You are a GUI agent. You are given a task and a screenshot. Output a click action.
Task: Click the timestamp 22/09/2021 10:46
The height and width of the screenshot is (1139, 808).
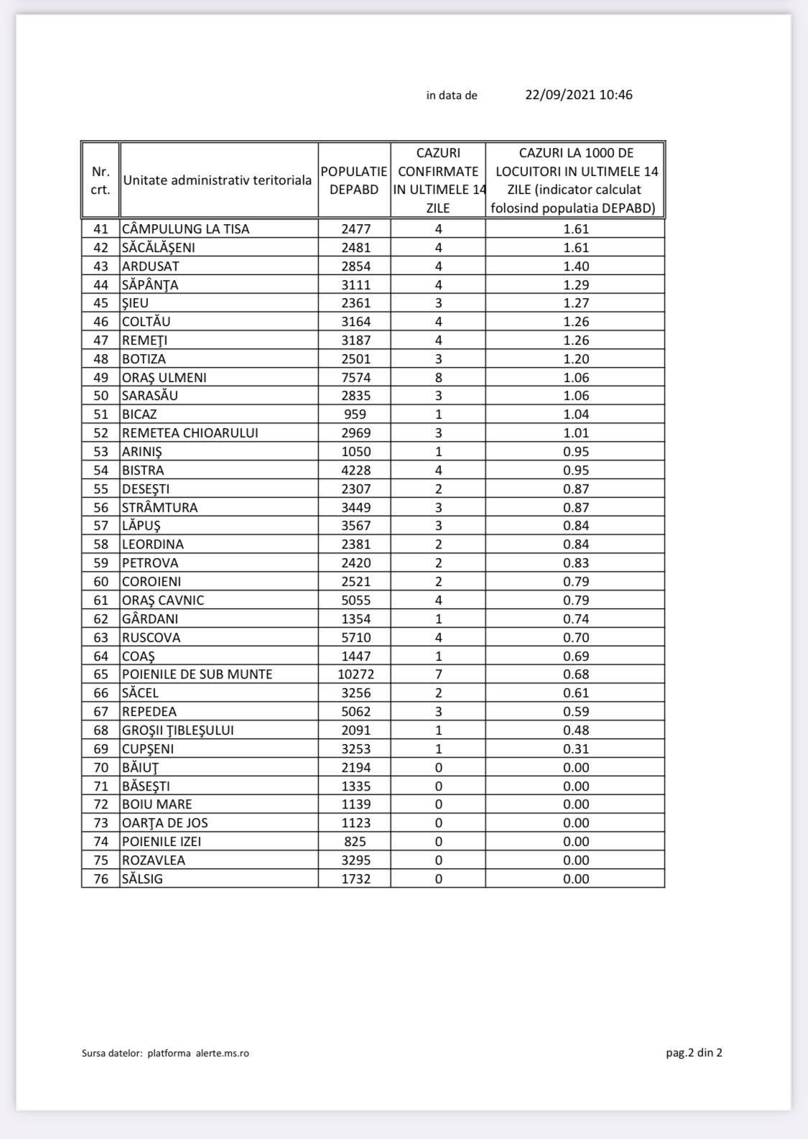click(x=579, y=95)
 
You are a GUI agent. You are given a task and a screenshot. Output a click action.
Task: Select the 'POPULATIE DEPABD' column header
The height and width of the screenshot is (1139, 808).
click(x=354, y=180)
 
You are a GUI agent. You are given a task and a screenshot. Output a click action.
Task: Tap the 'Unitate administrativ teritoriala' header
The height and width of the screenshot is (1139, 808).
click(x=217, y=180)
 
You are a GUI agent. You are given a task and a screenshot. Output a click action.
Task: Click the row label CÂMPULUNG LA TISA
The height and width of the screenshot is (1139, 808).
click(x=186, y=229)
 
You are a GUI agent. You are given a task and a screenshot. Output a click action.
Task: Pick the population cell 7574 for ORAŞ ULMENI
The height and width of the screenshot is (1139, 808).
click(x=356, y=378)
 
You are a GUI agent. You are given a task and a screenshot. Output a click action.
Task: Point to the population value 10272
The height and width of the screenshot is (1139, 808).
click(x=356, y=674)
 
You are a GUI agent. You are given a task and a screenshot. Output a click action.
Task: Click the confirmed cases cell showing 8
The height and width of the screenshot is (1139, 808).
click(x=438, y=378)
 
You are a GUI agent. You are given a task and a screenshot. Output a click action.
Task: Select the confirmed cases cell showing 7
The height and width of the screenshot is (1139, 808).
click(x=438, y=674)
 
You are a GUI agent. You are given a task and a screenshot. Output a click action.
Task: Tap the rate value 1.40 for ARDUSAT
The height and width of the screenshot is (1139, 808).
click(x=576, y=266)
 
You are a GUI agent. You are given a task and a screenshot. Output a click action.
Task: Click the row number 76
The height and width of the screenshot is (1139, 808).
click(x=101, y=878)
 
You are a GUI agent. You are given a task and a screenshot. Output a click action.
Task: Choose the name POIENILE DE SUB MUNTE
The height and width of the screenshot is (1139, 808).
click(x=198, y=674)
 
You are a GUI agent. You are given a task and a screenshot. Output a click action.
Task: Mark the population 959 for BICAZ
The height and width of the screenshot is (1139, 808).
click(x=356, y=414)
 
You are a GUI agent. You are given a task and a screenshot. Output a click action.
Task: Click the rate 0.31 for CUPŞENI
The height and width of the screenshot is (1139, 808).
click(x=576, y=748)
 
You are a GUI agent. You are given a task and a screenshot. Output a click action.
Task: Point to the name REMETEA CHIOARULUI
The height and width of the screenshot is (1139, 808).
click(x=190, y=433)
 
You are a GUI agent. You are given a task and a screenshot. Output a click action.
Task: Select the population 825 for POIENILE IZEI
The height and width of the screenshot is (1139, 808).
click(x=356, y=841)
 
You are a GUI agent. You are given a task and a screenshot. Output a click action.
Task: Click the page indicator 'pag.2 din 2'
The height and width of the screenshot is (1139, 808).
click(x=694, y=1053)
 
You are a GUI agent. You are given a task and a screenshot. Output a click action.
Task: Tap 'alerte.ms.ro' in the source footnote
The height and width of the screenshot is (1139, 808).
click(x=223, y=1054)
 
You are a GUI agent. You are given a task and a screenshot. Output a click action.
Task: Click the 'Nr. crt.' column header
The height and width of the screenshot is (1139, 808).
click(x=101, y=180)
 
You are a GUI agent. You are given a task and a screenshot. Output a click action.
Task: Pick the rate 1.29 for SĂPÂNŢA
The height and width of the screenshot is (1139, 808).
click(x=576, y=285)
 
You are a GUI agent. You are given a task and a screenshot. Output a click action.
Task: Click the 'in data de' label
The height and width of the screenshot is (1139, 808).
click(x=452, y=96)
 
